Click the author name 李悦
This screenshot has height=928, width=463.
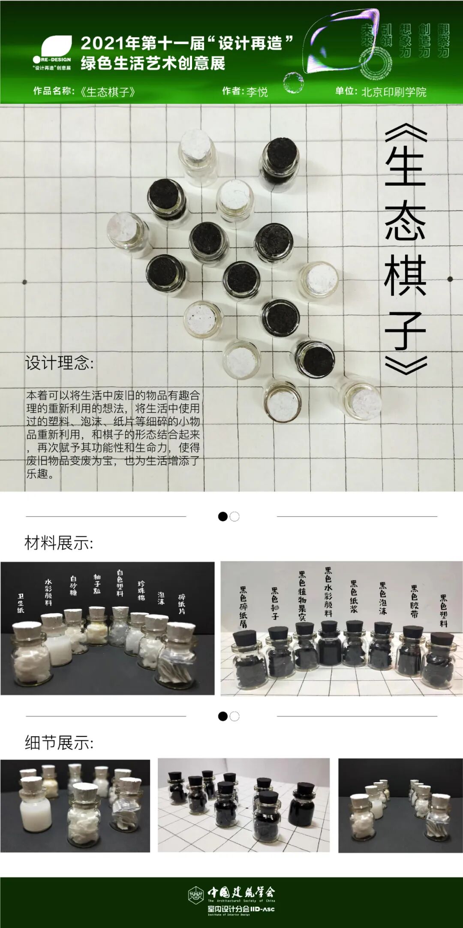[x=257, y=92]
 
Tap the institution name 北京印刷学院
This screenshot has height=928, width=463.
[x=394, y=92]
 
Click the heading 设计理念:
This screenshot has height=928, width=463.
[x=59, y=363]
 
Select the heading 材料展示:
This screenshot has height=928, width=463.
[x=59, y=543]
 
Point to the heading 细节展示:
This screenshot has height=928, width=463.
[x=59, y=743]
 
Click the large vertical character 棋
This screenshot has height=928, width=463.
[x=405, y=275]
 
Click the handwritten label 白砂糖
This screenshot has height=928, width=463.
[x=73, y=585]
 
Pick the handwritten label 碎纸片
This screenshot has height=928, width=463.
[x=182, y=604]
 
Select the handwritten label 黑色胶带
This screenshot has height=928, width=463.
[x=414, y=601]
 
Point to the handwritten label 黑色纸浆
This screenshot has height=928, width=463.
[x=354, y=596]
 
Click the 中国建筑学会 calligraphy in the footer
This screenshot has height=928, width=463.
[x=241, y=892]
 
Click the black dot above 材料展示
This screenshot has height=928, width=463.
[x=223, y=516]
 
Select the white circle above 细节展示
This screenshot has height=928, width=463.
[x=235, y=716]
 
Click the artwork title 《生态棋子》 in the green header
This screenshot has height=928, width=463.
[x=108, y=92]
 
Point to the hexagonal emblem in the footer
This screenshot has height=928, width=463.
[x=196, y=895]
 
